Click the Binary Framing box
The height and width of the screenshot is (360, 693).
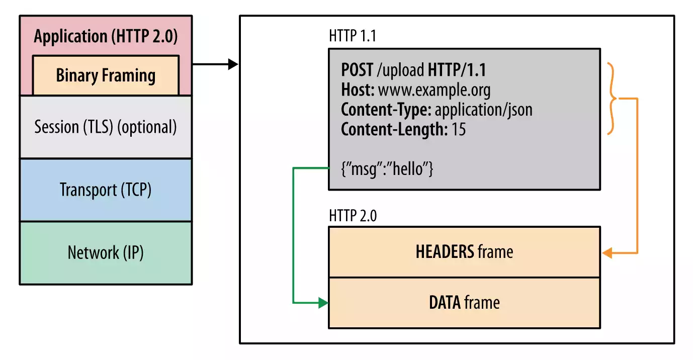coord(106,75)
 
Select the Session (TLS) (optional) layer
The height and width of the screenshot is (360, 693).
coord(106,127)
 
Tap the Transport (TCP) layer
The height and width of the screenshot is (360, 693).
coord(106,190)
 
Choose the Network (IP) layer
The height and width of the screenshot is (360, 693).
coord(106,252)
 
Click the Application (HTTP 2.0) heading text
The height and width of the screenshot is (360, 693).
coord(106,37)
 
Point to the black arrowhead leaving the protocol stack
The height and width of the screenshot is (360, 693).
coord(232,64)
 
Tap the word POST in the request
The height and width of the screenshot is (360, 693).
coord(357,70)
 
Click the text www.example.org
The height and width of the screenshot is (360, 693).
coord(434,90)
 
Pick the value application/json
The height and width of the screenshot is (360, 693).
coord(483,110)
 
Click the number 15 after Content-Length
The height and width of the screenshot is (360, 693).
coord(458,129)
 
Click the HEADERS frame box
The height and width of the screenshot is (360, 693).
coord(464,252)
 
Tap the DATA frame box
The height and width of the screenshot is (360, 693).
coord(464,303)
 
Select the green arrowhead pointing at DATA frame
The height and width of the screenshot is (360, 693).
coord(323,303)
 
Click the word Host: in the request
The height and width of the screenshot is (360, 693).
coord(358,90)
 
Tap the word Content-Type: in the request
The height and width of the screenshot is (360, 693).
coord(386,110)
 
